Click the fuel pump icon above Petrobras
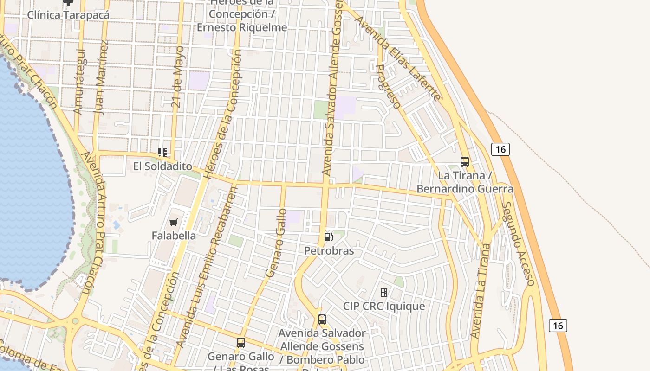point(328,237)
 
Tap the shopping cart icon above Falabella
point(174,223)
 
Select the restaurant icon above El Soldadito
point(162,153)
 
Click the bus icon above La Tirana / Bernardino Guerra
point(465,162)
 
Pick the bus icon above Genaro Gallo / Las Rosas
point(241,343)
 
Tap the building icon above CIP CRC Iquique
point(384,293)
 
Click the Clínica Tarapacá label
point(68,15)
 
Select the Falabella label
point(174,236)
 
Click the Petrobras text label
point(329,251)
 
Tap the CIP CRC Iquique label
point(384,306)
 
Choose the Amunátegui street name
point(78,81)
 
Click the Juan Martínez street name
point(102,77)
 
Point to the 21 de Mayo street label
point(178,77)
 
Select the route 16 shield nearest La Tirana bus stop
point(500,149)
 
